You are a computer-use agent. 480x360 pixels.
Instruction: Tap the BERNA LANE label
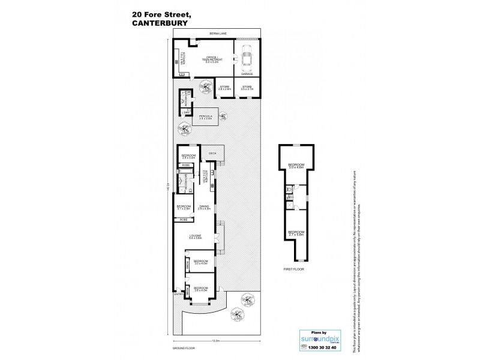[217, 34]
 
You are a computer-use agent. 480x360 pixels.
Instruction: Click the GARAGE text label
[247, 74]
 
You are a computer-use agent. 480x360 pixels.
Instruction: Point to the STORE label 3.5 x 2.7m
[247, 88]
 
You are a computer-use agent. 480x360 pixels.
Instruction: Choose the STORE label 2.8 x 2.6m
[224, 88]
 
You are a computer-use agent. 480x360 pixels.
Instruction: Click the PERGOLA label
[205, 118]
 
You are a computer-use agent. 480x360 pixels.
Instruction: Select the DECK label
[212, 154]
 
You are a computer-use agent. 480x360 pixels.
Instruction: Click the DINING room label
[203, 208]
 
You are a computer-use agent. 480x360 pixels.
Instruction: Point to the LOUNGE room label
[194, 237]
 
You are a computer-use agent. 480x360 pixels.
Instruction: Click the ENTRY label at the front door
[179, 295]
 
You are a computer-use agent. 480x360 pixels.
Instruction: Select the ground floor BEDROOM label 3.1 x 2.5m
[183, 208]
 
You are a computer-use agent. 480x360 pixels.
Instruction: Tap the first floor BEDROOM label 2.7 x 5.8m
[296, 233]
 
